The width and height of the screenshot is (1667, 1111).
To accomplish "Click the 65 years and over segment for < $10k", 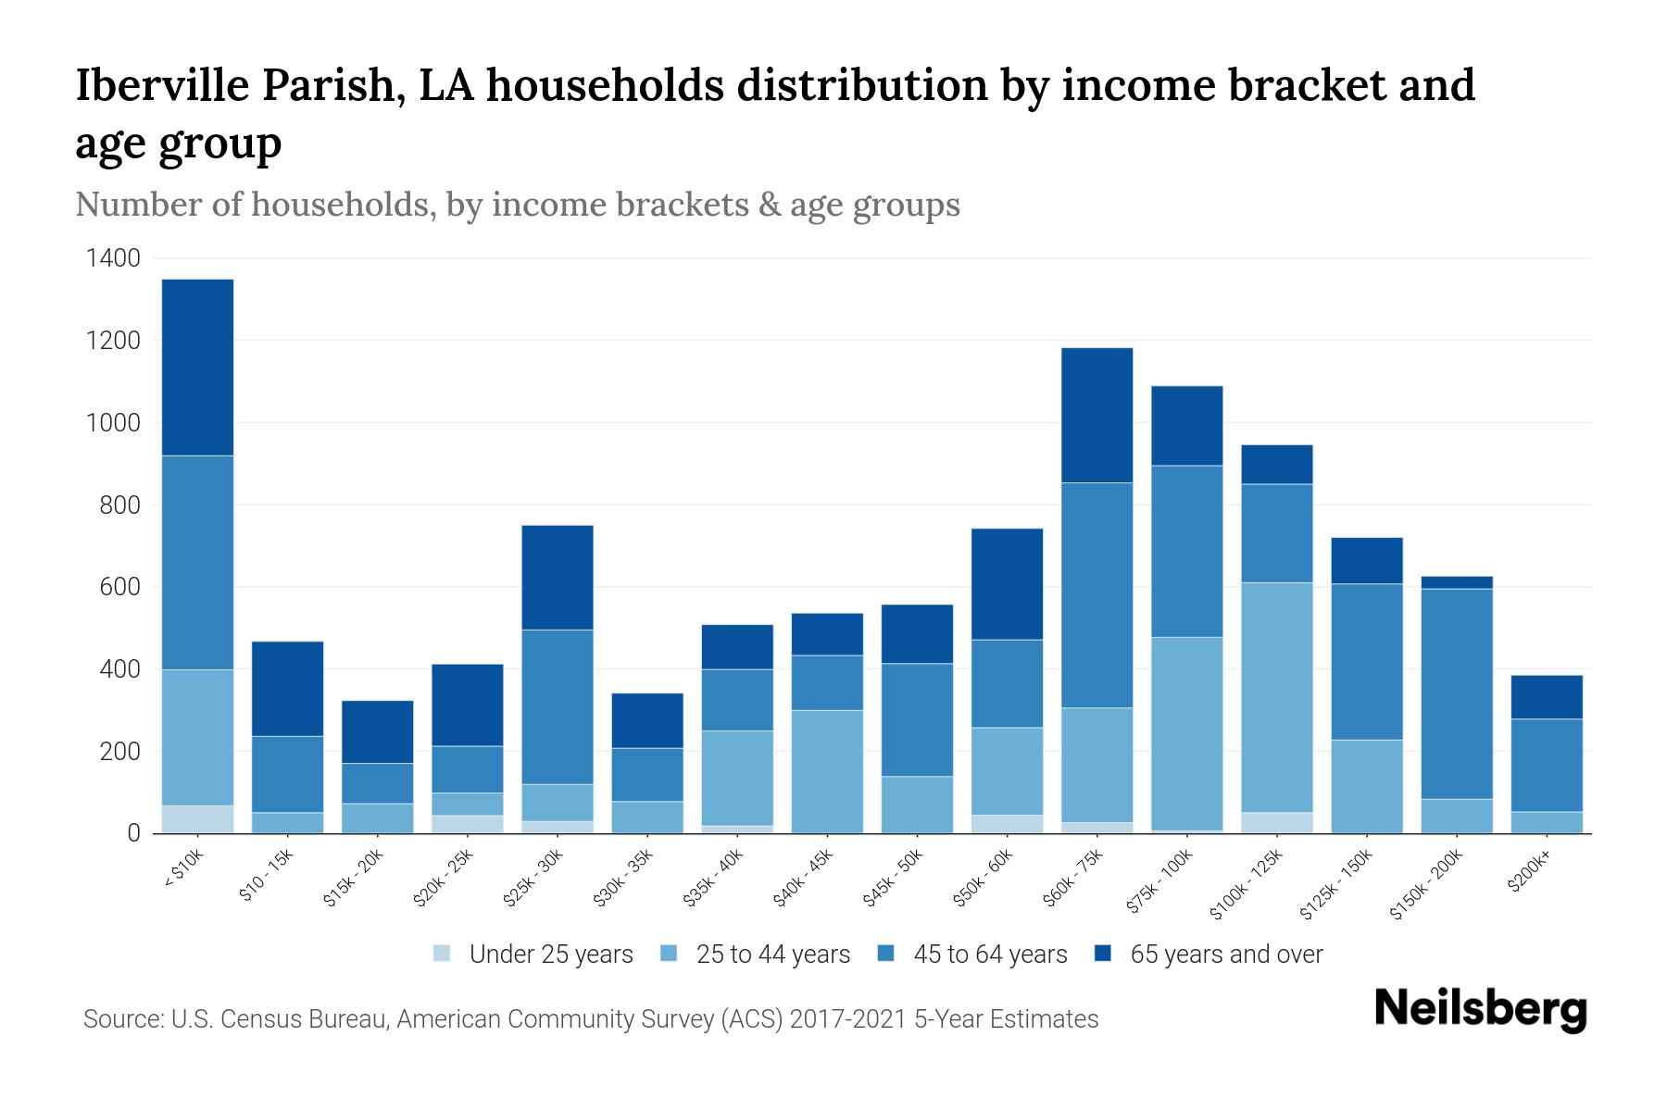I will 197,367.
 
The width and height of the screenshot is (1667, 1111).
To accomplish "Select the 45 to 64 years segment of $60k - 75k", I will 1097,594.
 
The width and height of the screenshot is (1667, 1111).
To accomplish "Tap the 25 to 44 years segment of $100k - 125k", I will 1276,696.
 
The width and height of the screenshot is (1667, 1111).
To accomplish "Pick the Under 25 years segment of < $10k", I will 197,819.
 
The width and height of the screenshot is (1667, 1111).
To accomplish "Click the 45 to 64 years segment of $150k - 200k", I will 1457,693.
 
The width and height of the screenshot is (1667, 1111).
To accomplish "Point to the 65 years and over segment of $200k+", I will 1547,696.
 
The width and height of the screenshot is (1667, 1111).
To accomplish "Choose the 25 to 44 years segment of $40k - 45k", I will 827,771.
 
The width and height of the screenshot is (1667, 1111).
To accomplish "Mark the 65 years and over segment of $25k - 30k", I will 558,577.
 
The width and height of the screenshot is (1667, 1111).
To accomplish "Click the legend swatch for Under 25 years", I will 443,953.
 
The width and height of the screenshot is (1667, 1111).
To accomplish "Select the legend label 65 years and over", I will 1225,954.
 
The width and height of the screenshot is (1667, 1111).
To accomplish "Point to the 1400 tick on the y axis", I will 113,258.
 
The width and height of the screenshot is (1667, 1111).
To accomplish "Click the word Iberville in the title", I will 161,86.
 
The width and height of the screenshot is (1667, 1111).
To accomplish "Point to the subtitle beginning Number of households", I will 517,205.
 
